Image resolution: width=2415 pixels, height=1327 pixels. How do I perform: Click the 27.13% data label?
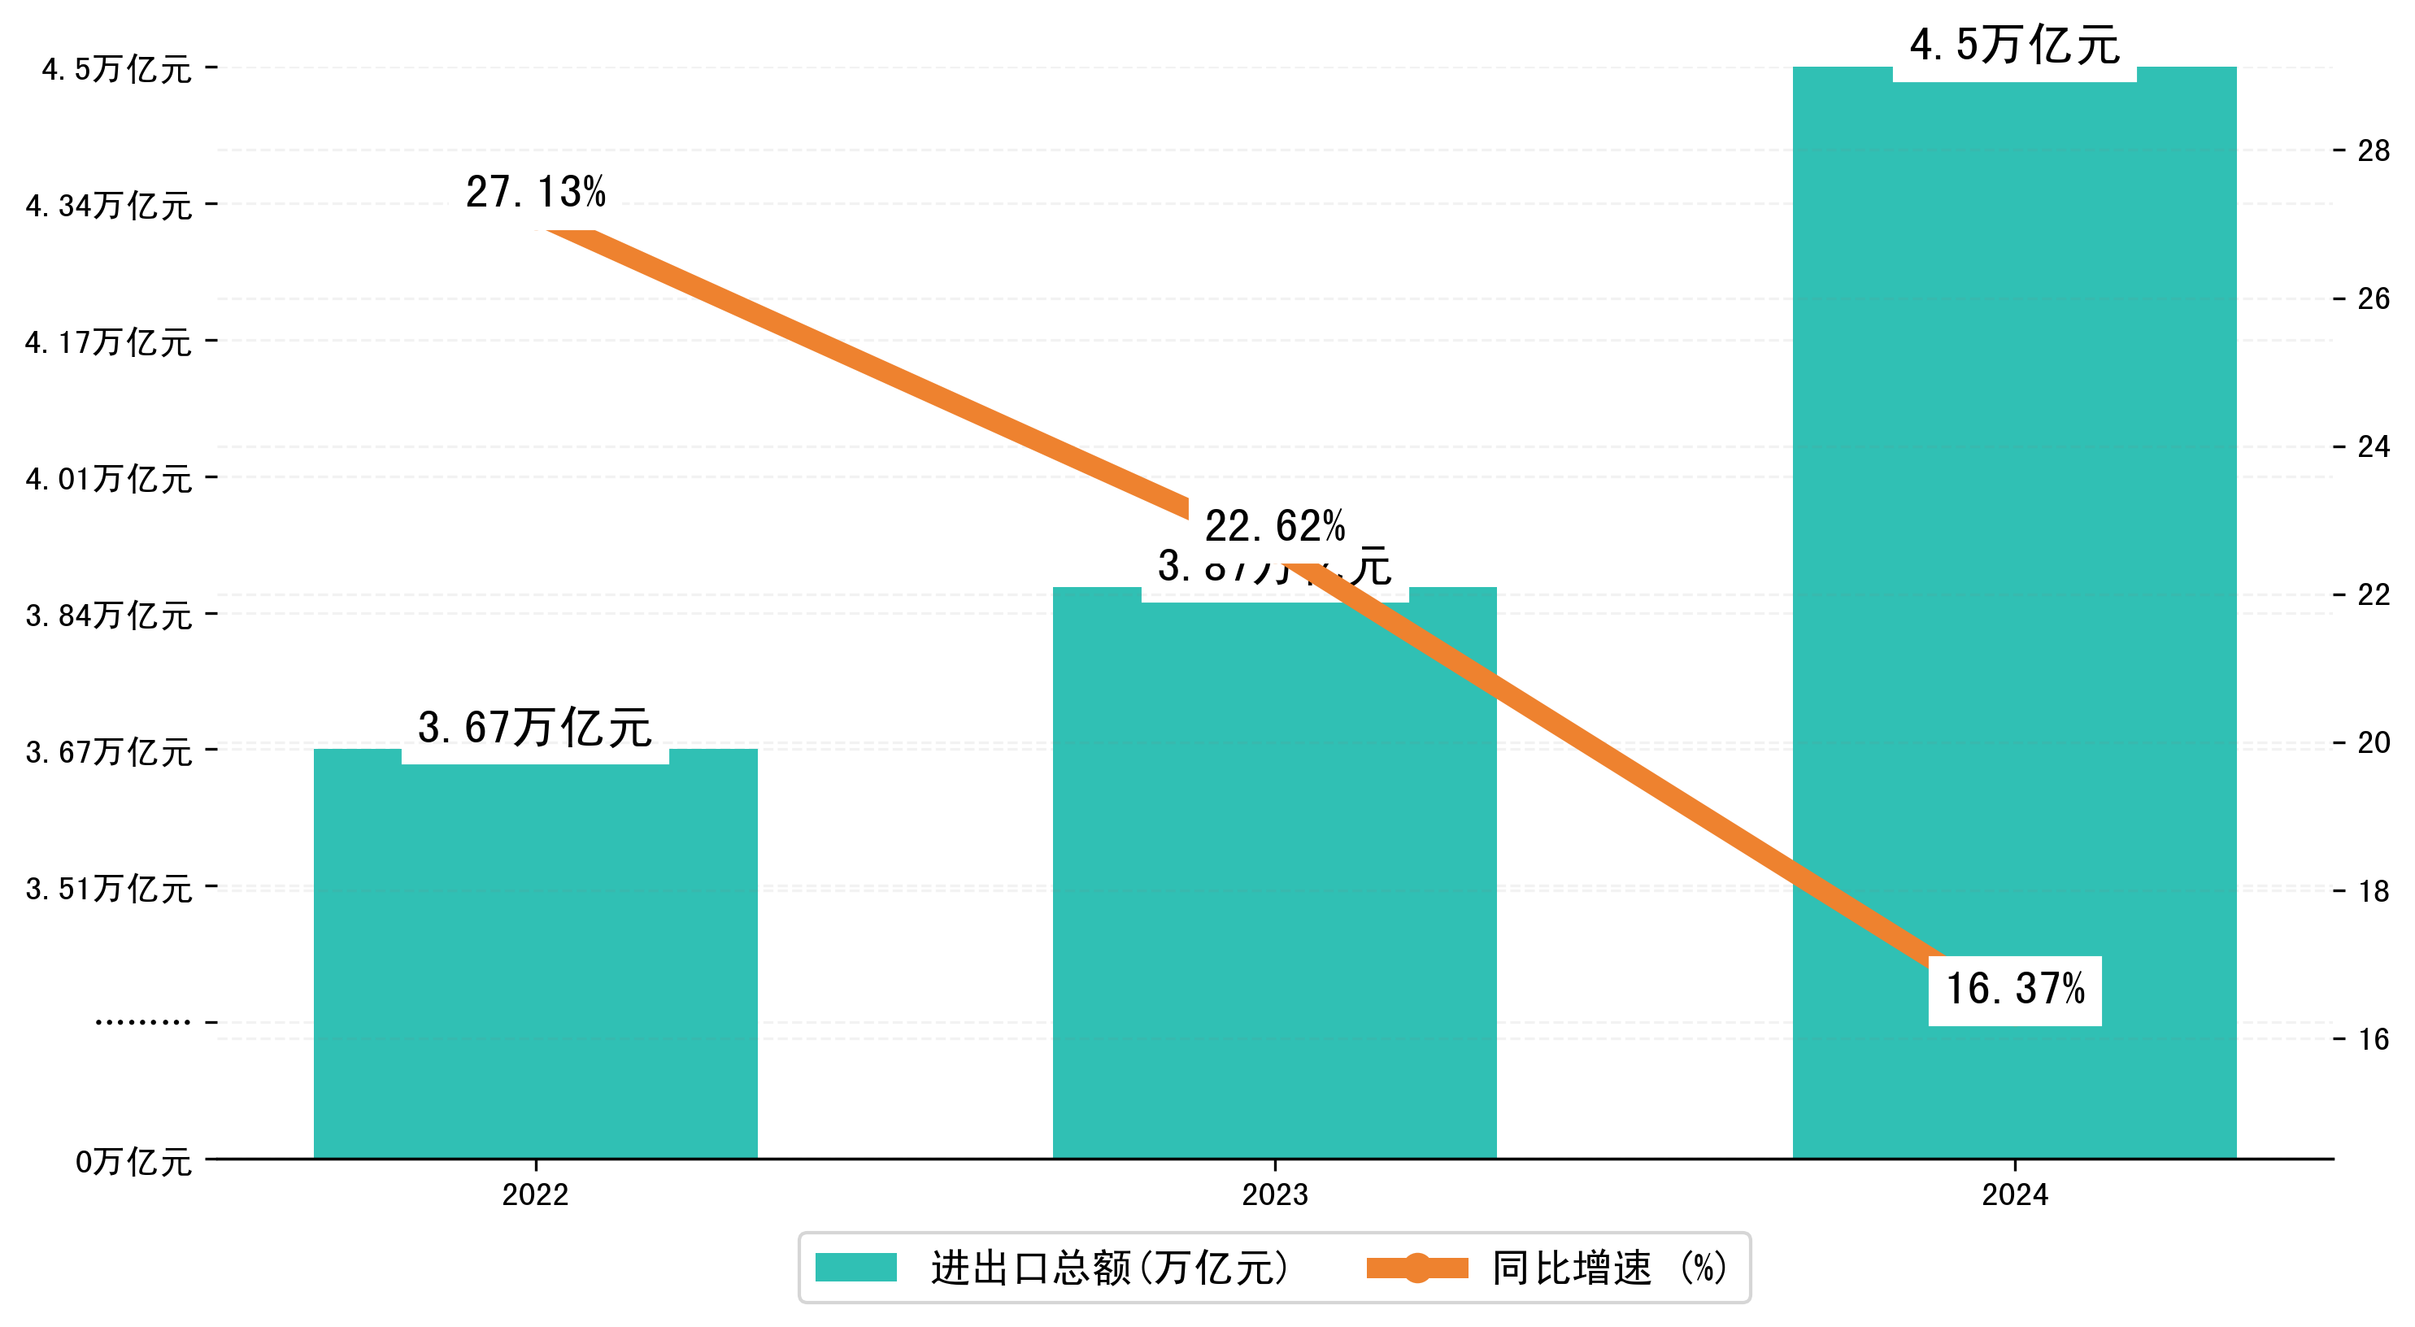click(535, 192)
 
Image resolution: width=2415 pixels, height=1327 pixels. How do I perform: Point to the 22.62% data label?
click(1274, 526)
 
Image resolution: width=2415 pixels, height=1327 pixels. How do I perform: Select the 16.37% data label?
click(2015, 990)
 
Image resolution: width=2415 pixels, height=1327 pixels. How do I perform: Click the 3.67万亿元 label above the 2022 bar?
click(534, 728)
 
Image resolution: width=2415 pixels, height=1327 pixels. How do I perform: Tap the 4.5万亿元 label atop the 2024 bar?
click(2014, 45)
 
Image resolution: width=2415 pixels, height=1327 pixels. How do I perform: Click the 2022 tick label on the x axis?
click(535, 1194)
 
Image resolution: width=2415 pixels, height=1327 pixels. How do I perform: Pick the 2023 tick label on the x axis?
click(1274, 1194)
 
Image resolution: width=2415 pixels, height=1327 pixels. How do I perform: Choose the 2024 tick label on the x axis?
click(2015, 1194)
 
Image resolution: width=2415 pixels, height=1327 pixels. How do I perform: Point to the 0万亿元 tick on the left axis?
click(133, 1162)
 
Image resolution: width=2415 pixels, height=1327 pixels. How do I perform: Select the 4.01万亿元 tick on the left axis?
click(109, 478)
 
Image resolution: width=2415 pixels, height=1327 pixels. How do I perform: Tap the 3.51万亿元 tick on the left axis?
click(109, 888)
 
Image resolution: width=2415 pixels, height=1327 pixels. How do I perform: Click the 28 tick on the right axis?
click(2373, 151)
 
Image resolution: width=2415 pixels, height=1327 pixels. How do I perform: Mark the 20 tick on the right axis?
click(2373, 742)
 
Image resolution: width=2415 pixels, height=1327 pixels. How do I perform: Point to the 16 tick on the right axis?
click(2373, 1039)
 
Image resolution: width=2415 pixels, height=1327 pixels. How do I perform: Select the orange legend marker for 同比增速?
click(1416, 1268)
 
